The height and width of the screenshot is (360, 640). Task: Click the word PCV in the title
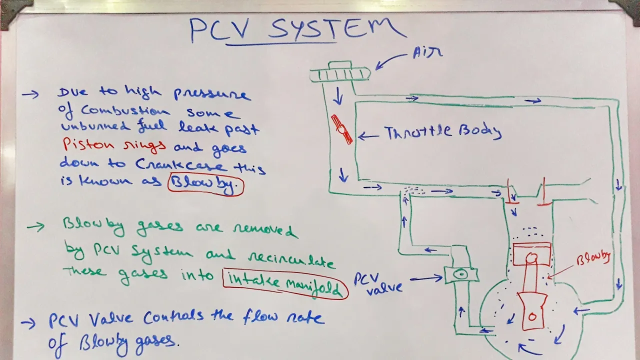(219, 29)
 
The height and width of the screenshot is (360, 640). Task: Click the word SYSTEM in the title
(337, 28)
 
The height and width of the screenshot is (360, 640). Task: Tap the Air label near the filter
(427, 52)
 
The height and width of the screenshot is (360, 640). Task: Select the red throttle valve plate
(341, 129)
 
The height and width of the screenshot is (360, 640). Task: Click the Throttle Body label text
(443, 132)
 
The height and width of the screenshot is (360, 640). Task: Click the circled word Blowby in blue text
(205, 184)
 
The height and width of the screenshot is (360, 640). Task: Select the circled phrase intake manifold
(285, 283)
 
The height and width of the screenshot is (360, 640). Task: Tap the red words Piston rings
(114, 144)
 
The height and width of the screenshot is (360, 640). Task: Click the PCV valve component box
(461, 275)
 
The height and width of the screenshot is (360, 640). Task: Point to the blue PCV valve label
(377, 283)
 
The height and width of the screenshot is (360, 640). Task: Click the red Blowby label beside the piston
(593, 258)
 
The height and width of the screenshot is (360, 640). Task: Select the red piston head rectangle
(532, 253)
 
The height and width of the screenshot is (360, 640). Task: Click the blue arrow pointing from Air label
(390, 61)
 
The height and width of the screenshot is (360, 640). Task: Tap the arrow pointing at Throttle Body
(368, 136)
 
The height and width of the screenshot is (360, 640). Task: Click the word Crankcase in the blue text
(180, 165)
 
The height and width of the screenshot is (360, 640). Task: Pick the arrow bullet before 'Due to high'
(30, 94)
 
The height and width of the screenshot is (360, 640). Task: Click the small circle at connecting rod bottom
(532, 317)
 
